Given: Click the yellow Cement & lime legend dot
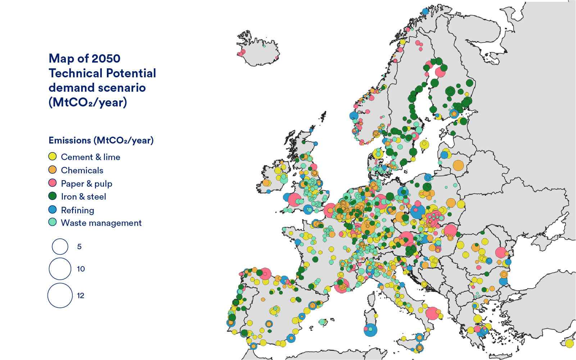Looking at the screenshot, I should tap(53, 156).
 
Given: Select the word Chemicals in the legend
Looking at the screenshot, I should tap(82, 170).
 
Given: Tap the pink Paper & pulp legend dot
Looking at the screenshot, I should tap(53, 183).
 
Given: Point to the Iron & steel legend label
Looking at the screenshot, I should tap(83, 196).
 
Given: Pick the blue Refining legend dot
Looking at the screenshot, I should tap(53, 209).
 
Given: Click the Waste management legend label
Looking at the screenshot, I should tap(101, 223).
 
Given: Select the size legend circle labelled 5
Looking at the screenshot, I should tap(60, 247).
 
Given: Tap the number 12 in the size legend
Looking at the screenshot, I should tap(80, 296).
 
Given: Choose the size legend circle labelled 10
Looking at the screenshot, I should tap(60, 269).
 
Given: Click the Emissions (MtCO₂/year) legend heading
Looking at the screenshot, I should tap(101, 140).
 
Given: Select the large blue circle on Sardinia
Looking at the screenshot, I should tap(370, 330).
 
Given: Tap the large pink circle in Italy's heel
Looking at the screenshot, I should tap(432, 313).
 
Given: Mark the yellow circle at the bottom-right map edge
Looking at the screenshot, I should tap(569, 343).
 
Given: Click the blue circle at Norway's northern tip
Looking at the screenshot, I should tap(425, 11).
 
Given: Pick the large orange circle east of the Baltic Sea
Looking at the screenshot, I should tap(458, 165).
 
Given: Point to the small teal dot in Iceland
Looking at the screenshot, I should tap(264, 46).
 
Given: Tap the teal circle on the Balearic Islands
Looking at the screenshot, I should tap(322, 322).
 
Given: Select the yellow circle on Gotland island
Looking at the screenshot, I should tap(425, 145).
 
